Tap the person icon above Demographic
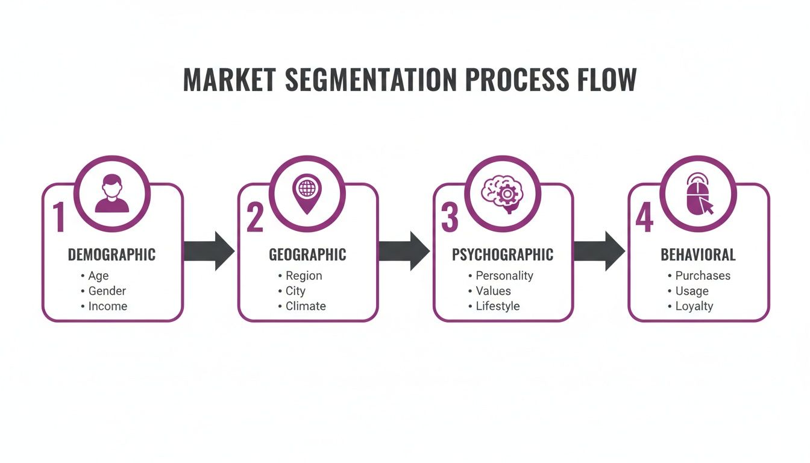112,194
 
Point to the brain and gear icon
503,194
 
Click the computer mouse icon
698,194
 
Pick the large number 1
58,218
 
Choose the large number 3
449,218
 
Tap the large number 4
644,218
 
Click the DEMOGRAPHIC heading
111,255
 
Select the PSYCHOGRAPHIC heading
503,255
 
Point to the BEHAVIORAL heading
698,255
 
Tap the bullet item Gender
107,291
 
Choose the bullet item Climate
306,306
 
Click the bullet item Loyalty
694,306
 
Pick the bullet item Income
108,306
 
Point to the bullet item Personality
504,276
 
